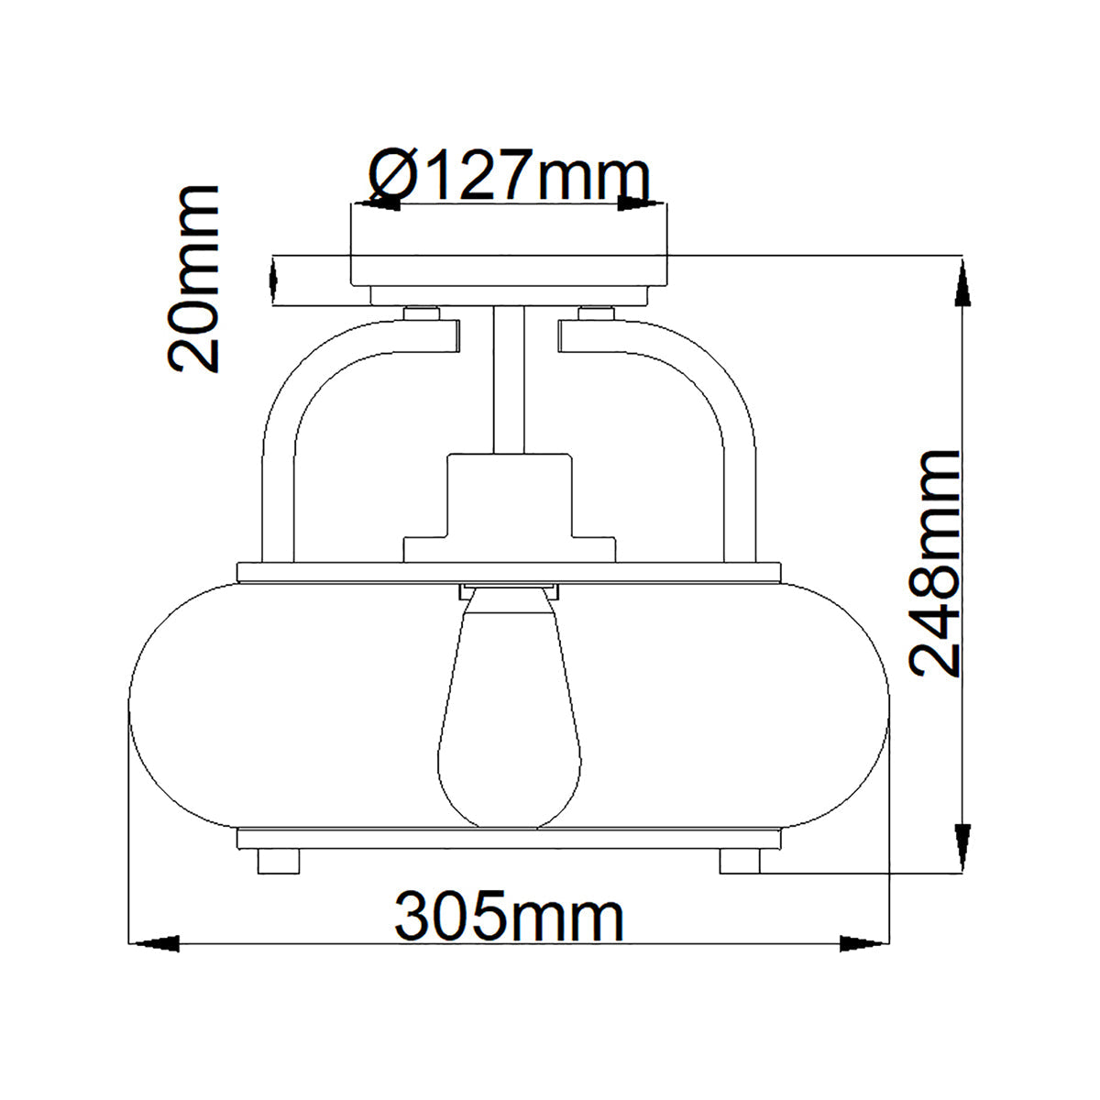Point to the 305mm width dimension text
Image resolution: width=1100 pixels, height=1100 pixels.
point(510,916)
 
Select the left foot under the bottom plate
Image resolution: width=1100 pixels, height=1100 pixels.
point(279,861)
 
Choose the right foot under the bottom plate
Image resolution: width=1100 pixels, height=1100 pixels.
point(740,861)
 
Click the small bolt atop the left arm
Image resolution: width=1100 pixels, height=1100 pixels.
point(422,313)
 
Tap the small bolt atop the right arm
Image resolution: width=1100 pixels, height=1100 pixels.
point(596,313)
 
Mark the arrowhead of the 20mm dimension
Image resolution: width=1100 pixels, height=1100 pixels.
point(273,280)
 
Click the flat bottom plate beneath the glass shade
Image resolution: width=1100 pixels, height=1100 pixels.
point(509,839)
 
